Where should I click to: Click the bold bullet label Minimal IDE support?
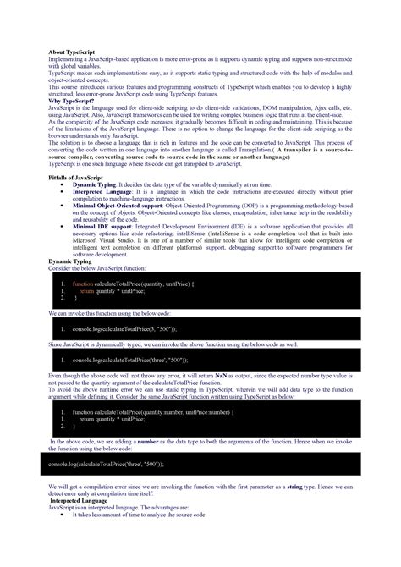tap(102, 228)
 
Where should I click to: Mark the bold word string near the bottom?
tap(301, 488)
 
